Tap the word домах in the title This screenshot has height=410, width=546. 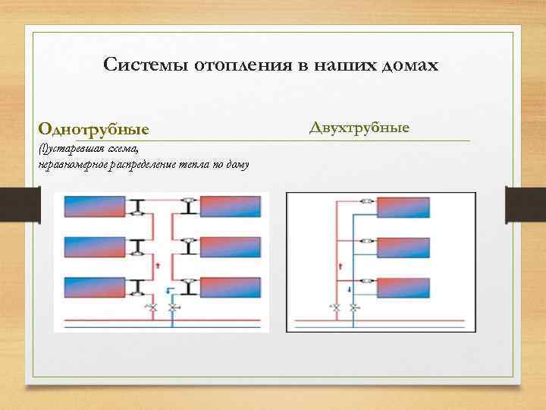407,65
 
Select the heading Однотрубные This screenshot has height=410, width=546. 94,129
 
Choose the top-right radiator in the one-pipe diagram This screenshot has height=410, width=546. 229,206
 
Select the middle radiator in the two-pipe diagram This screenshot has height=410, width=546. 403,248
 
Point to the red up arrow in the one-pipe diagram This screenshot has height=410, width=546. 157,265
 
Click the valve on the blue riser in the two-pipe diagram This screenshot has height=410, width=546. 353,307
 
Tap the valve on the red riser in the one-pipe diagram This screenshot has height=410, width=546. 152,307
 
